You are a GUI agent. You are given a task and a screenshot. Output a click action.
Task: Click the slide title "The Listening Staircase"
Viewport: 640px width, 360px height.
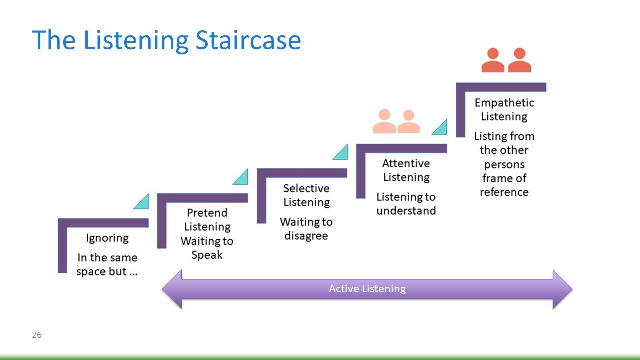point(166,40)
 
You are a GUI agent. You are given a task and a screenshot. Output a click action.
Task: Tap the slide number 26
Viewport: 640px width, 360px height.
point(37,335)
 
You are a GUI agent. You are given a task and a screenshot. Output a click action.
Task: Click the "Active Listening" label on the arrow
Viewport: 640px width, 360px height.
point(367,289)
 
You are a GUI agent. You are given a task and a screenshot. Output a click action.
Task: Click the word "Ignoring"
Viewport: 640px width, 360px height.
point(107,238)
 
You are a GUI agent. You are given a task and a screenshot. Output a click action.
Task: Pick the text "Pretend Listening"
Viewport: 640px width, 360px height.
point(207,220)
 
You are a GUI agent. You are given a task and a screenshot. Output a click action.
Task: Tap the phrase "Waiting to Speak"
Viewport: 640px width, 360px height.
point(207,248)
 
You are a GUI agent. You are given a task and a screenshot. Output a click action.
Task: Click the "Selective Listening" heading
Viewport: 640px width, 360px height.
point(306,195)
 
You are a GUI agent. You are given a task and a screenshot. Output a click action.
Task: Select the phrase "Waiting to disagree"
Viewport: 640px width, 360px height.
point(306,229)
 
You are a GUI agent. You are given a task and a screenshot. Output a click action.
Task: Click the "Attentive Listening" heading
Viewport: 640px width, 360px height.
point(406,170)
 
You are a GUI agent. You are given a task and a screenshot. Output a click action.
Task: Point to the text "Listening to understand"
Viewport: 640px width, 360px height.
point(406,204)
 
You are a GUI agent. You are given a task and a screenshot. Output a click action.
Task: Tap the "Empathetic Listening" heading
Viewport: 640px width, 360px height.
point(504,110)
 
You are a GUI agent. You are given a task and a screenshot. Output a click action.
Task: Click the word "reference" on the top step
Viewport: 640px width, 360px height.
point(504,192)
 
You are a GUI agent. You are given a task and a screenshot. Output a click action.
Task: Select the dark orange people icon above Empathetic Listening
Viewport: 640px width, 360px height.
point(506,60)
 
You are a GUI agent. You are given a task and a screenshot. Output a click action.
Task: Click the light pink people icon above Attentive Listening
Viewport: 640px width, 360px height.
point(396,122)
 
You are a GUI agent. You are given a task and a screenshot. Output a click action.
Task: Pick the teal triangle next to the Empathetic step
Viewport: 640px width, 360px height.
point(441,128)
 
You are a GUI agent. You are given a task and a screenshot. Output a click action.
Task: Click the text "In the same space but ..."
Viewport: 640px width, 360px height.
point(107,265)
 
